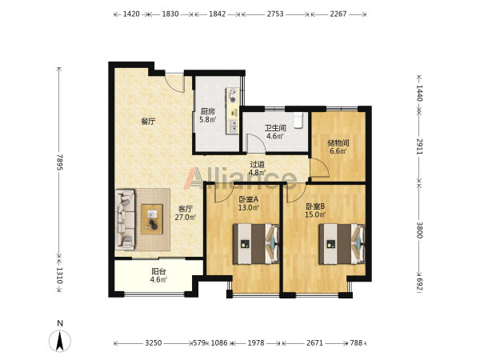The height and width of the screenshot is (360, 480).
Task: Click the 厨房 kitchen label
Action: [207, 111]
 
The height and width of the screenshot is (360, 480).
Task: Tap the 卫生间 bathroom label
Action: [275, 128]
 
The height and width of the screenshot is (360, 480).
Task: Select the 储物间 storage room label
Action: [338, 142]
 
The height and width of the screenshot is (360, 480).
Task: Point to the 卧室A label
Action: [249, 199]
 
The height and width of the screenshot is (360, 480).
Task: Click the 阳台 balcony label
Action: [158, 271]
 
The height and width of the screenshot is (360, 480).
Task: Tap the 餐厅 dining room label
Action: [148, 122]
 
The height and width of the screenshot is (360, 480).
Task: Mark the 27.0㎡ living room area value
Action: [186, 218]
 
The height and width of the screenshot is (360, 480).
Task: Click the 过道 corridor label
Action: [257, 165]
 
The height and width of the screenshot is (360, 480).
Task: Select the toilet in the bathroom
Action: [298, 120]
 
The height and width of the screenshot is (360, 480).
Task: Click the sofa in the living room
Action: [125, 219]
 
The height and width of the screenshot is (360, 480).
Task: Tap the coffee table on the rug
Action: [152, 219]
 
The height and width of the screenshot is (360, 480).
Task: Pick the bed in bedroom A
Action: [256, 244]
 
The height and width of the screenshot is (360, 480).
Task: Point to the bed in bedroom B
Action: [342, 244]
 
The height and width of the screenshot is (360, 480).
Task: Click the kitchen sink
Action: [234, 126]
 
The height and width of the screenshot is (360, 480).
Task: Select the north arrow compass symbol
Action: [60, 340]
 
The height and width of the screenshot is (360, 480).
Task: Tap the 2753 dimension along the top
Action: [275, 14]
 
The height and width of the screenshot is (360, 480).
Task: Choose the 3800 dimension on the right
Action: [419, 230]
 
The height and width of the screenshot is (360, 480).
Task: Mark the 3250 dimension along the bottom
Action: [154, 343]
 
